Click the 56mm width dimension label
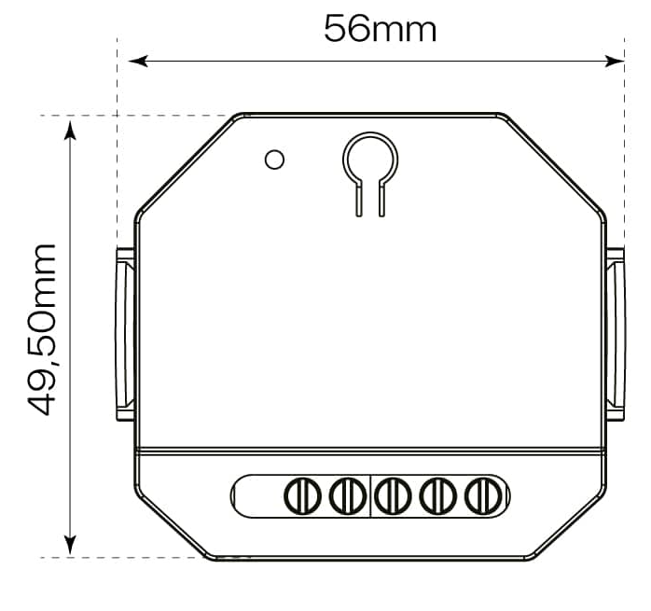[380, 29]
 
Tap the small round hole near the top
[274, 160]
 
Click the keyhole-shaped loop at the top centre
[370, 159]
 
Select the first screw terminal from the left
[300, 494]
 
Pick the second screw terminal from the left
[346, 494]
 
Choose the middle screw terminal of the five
[394, 494]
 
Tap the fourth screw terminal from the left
[436, 494]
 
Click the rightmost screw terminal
[481, 494]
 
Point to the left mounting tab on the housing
[125, 334]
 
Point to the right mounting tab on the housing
[616, 334]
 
